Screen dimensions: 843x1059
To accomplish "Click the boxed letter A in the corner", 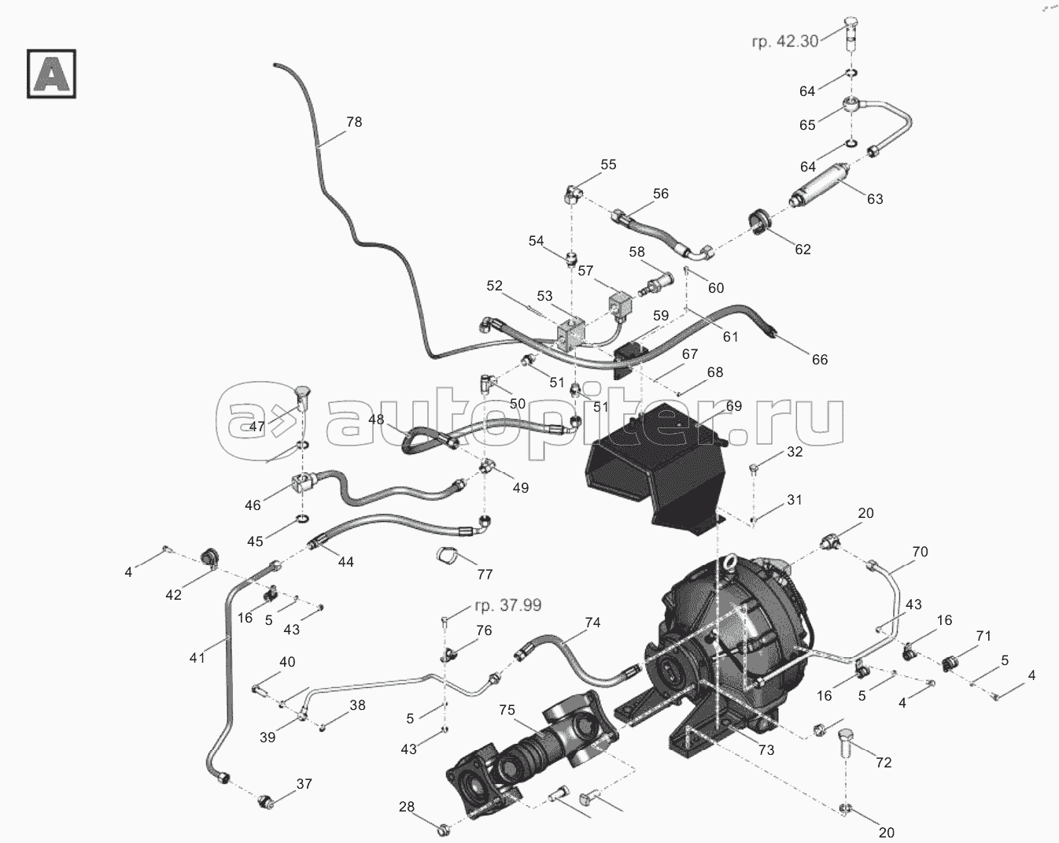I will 51,74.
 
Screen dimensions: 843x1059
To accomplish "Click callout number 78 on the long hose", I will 354,122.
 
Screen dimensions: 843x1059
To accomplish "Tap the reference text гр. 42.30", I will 785,43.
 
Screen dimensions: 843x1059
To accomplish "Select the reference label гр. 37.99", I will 507,605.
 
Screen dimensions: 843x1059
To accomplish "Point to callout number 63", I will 875,198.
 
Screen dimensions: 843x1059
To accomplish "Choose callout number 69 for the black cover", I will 733,406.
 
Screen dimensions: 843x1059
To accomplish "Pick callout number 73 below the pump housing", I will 766,750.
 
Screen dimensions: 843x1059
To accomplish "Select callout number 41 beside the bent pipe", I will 197,657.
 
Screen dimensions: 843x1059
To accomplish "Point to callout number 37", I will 304,783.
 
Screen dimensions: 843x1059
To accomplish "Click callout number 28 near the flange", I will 406,807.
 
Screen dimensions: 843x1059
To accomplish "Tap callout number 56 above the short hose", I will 660,194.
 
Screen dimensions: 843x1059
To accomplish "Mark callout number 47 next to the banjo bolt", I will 257,427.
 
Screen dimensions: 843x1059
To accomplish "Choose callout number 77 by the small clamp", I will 485,575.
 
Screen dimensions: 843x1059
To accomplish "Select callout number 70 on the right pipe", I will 920,552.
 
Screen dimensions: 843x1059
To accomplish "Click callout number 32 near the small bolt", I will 795,452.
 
